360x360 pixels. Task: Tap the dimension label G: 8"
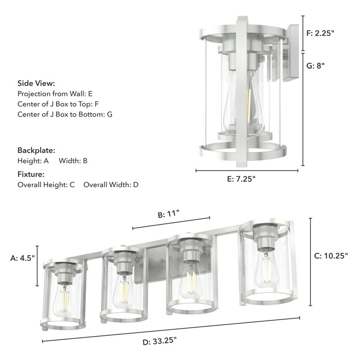point(315,65)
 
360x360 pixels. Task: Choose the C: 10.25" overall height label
point(330,256)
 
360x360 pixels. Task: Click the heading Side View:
point(36,83)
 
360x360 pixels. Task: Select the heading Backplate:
point(36,150)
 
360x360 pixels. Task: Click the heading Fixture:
point(31,174)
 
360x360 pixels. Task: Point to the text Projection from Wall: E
point(55,94)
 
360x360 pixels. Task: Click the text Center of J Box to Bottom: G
point(65,114)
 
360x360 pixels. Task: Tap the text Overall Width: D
point(111,184)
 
